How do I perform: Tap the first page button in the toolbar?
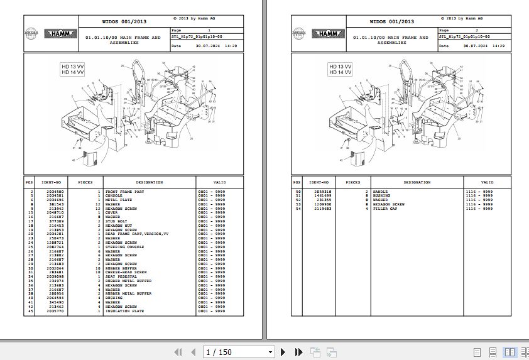pos(178,352)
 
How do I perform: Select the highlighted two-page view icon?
pos(508,352)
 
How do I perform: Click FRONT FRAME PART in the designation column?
pos(124,191)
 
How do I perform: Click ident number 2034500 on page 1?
pos(55,191)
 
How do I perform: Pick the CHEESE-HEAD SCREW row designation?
pos(126,273)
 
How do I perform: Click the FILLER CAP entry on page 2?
pos(384,209)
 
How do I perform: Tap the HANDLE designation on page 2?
pos(380,191)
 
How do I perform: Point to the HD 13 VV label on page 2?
pos(341,67)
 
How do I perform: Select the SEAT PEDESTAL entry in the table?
pos(121,277)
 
